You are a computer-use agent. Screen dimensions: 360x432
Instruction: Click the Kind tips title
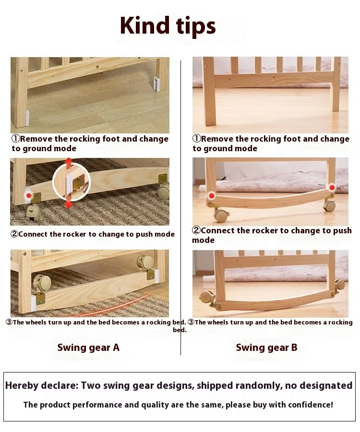click(168, 26)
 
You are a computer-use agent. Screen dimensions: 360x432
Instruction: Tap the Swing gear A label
click(88, 348)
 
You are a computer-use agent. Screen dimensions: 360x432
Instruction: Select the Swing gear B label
click(266, 348)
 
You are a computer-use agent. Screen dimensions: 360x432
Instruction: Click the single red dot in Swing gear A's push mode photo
click(28, 196)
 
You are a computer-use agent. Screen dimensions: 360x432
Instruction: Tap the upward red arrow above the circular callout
click(69, 162)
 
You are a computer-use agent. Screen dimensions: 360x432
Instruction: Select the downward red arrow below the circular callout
click(68, 204)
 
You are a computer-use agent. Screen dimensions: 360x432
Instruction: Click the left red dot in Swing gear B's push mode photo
click(212, 196)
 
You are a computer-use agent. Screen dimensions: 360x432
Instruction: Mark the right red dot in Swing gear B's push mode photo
click(332, 188)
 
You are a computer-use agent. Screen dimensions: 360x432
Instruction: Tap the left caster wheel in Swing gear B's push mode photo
click(221, 215)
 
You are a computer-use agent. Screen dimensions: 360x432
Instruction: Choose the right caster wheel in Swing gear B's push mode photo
click(329, 205)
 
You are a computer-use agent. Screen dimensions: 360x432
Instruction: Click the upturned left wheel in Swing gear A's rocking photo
click(43, 282)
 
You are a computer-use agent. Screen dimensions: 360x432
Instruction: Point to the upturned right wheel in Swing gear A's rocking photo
click(145, 262)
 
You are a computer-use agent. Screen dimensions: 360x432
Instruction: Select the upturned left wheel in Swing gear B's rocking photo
click(207, 296)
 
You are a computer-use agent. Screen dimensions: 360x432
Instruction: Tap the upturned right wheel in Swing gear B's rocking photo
click(340, 284)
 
